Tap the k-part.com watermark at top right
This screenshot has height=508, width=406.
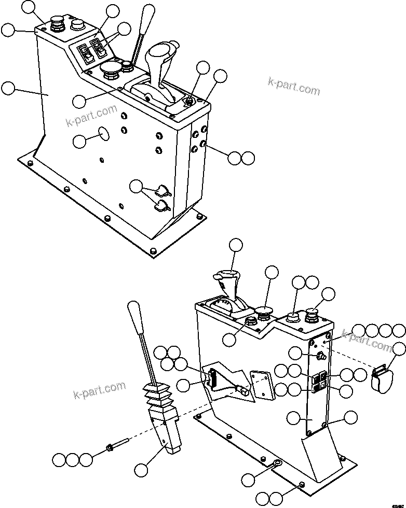coord(294,86)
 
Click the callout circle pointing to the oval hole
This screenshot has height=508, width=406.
coord(80,141)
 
